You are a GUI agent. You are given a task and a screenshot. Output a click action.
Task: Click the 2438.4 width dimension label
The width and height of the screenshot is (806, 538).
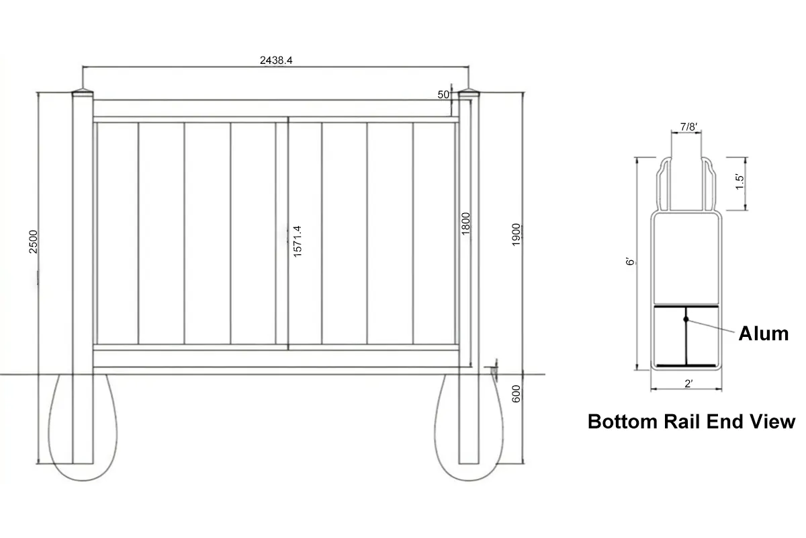[x=275, y=60]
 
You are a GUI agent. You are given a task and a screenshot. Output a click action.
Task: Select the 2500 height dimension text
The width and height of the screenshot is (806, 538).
[x=34, y=241]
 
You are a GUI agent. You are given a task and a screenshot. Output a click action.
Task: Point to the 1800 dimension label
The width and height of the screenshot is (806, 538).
[x=466, y=223]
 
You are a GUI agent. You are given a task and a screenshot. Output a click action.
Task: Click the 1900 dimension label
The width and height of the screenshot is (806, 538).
[x=516, y=233]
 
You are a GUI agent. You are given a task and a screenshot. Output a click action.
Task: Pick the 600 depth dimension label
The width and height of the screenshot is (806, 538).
[x=516, y=393]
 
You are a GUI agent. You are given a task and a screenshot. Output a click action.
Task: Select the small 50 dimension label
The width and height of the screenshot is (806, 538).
[x=443, y=95]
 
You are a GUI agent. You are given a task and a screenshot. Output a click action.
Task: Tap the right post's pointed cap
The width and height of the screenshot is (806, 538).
[x=467, y=91]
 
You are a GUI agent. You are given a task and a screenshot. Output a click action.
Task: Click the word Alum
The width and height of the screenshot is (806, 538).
[x=763, y=333]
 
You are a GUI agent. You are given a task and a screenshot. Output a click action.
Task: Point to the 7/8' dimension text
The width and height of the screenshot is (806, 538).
[x=688, y=126]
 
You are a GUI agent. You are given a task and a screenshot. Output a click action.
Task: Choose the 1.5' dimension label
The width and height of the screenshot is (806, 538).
[x=739, y=182]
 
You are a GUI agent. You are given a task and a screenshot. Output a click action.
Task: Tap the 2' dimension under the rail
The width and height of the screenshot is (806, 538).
[x=688, y=384]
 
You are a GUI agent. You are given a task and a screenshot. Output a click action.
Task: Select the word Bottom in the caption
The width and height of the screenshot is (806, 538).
[x=620, y=422]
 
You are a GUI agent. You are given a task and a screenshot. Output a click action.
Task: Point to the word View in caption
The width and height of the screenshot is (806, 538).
[x=772, y=422]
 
